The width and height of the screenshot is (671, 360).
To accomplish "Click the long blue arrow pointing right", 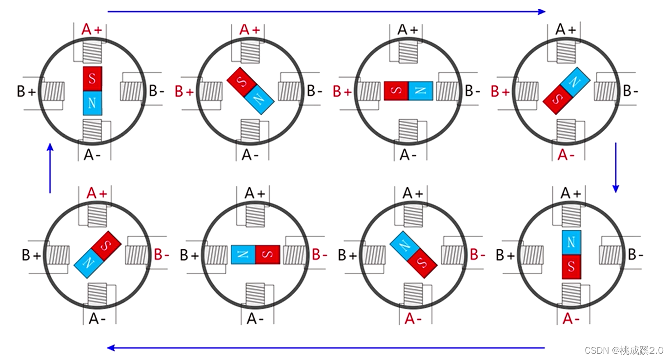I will (326, 11).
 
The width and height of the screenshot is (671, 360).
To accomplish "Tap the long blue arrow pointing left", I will (326, 348).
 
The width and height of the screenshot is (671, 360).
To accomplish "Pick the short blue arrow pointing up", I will (50, 168).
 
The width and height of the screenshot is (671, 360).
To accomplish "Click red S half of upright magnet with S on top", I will (92, 79).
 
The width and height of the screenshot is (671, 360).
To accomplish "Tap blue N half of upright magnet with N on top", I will (571, 242).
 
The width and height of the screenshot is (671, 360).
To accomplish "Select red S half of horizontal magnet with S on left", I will (396, 91).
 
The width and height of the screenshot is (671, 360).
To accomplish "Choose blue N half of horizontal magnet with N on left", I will (243, 255).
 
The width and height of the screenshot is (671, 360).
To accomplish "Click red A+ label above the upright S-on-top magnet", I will (92, 30).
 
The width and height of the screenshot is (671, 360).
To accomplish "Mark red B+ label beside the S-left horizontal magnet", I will (342, 91).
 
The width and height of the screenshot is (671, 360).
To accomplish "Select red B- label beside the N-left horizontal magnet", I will (320, 255).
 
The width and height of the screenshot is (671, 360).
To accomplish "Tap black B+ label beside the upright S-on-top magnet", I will (26, 91).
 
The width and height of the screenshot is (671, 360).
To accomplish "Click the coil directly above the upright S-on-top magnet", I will (92, 52).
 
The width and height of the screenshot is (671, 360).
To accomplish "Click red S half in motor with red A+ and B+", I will (241, 81).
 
